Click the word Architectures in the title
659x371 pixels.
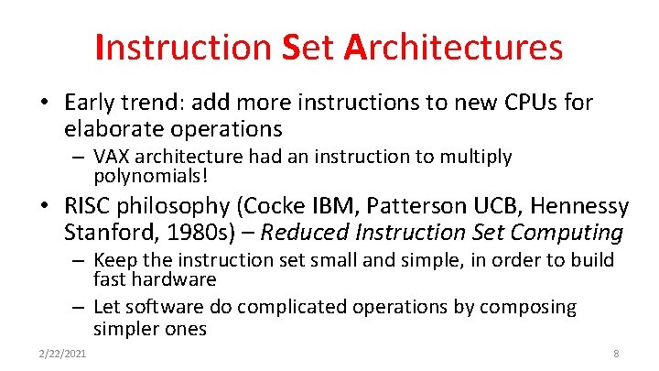[454, 47]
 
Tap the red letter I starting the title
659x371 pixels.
[100, 47]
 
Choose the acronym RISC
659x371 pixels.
[92, 206]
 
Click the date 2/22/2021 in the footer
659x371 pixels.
[62, 354]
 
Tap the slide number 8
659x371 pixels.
[616, 354]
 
